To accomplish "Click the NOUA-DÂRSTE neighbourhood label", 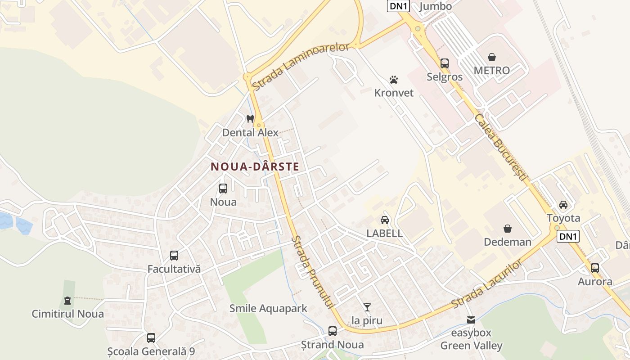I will (x=255, y=167).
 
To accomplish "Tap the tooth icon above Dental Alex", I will (x=250, y=119).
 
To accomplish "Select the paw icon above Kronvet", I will (x=394, y=80).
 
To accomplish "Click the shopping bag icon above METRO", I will (x=492, y=57).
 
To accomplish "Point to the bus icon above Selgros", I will (x=445, y=63).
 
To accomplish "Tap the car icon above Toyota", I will (x=563, y=205).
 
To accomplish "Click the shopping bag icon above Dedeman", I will (x=508, y=229).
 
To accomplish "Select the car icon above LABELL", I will (x=384, y=220).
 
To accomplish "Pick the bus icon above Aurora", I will (x=595, y=268).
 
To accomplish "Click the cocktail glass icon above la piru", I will (x=367, y=307).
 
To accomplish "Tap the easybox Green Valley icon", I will (x=471, y=320).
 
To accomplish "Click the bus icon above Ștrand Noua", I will (x=333, y=331).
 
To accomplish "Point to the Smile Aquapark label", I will (x=268, y=308).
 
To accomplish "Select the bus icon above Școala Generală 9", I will (x=151, y=337).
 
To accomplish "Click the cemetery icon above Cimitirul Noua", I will (x=67, y=300).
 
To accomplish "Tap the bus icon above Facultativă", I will (x=174, y=256).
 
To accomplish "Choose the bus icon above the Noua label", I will (x=223, y=189).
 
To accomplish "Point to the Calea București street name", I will (x=500, y=148).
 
